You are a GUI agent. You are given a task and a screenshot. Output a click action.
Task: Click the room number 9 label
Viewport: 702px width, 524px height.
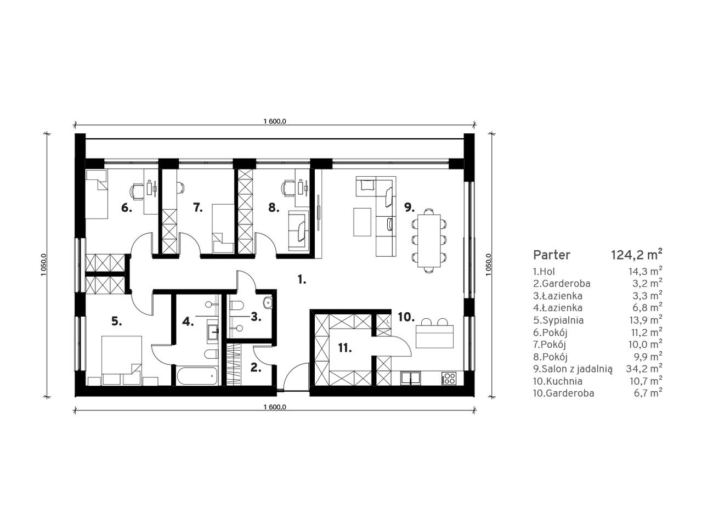tap(409, 207)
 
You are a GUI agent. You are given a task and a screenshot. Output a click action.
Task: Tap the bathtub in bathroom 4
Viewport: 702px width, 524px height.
tap(196, 376)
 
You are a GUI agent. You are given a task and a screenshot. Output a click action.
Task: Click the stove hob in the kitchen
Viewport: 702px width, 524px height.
tap(449, 379)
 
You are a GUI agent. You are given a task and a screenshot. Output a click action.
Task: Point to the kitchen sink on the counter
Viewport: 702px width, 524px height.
tap(411, 378)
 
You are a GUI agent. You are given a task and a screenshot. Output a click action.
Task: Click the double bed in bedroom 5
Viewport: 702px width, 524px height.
tap(122, 360)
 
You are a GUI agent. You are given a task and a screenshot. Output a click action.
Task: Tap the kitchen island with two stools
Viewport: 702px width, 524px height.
tap(434, 336)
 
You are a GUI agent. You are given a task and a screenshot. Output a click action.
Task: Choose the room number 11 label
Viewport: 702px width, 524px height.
tap(345, 348)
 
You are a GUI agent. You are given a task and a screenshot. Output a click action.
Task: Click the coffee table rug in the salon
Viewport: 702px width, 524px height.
tap(362, 222)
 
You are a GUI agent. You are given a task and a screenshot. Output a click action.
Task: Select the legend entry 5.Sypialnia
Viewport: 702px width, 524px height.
tap(558, 320)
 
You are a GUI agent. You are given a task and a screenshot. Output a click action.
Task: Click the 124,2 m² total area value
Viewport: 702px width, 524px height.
tap(636, 255)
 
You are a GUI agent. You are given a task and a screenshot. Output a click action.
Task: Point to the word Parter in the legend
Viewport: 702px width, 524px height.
tap(551, 255)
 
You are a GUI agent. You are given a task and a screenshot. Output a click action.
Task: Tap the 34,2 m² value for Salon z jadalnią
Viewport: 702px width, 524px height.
tap(644, 369)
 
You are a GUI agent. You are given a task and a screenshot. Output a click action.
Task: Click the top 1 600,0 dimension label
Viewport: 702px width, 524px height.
tap(275, 121)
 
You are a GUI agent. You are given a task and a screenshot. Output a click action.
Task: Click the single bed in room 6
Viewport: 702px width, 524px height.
tap(97, 194)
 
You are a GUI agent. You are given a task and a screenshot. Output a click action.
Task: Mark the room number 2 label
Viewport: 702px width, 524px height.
tap(255, 368)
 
